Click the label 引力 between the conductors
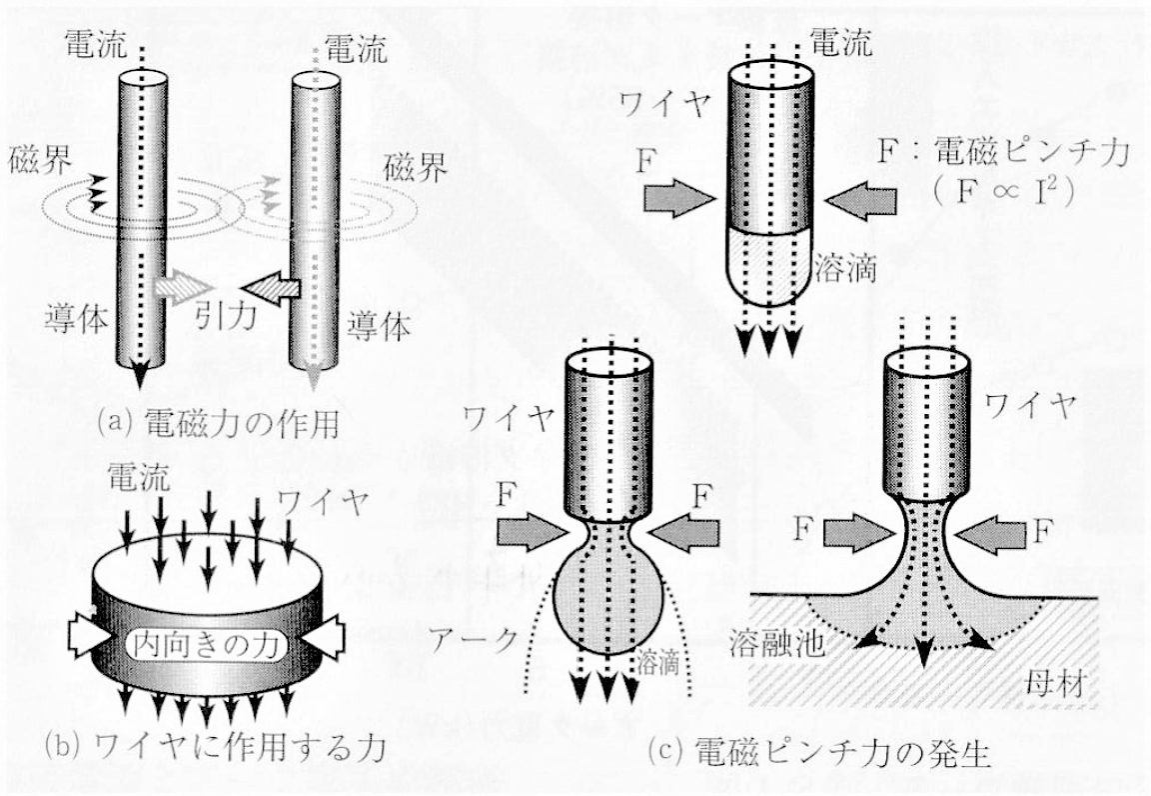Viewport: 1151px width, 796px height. click(x=226, y=317)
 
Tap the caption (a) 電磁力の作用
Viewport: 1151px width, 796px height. click(x=218, y=423)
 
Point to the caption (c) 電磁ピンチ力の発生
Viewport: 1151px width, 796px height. click(x=820, y=753)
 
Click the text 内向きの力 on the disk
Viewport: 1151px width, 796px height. click(x=206, y=645)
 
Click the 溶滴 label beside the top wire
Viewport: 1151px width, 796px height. click(x=845, y=270)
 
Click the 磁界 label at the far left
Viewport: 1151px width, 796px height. click(x=40, y=161)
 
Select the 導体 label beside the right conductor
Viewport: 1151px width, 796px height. click(x=379, y=325)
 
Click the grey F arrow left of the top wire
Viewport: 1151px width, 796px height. click(x=679, y=198)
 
